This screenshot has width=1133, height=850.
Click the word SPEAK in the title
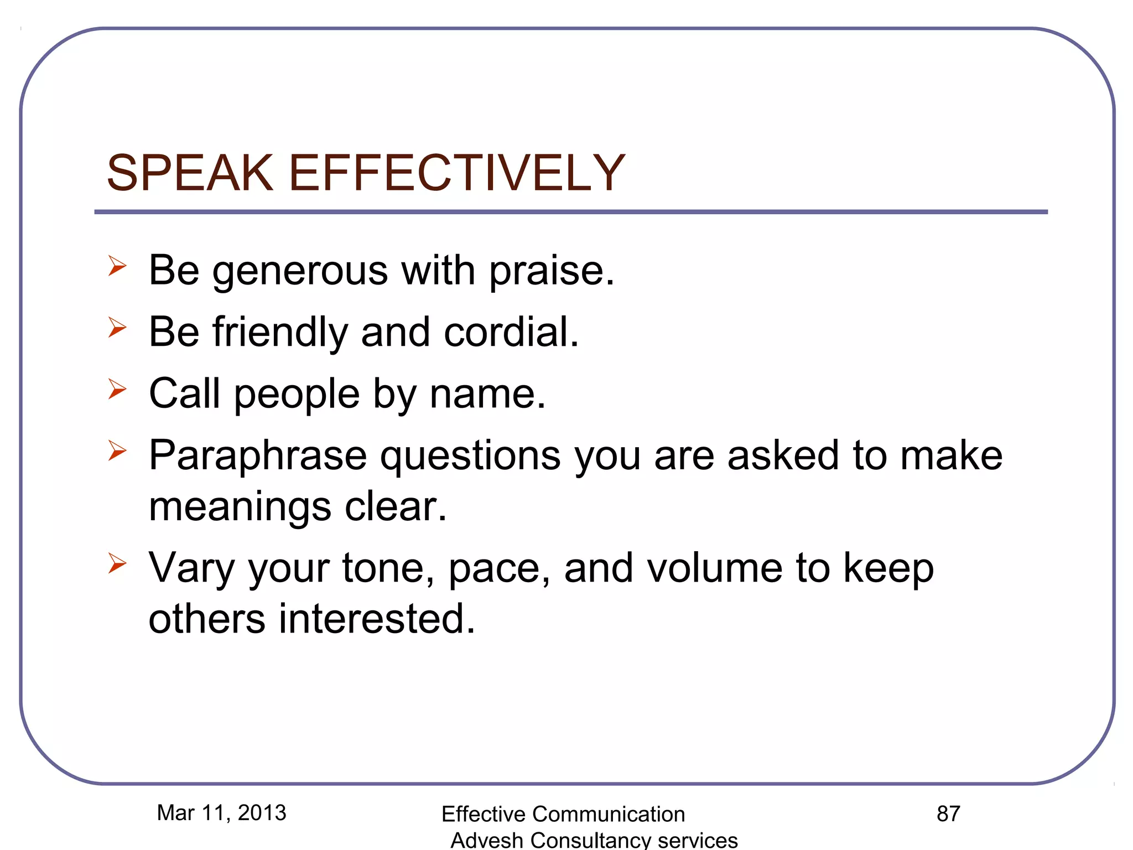tap(190, 173)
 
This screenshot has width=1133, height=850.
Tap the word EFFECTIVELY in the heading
tap(456, 173)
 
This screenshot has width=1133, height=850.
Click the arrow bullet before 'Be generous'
tap(117, 266)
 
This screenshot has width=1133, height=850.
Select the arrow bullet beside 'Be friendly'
tap(117, 328)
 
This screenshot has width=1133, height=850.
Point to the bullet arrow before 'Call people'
tap(117, 389)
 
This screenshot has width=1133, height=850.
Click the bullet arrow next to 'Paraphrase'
tap(117, 450)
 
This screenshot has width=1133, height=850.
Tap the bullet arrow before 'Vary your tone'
tap(117, 563)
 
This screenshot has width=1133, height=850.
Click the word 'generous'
tap(300, 271)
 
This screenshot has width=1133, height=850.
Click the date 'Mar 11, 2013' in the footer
tap(221, 813)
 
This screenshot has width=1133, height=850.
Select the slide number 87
tap(948, 814)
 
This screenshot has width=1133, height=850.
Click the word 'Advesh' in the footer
tap(487, 840)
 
